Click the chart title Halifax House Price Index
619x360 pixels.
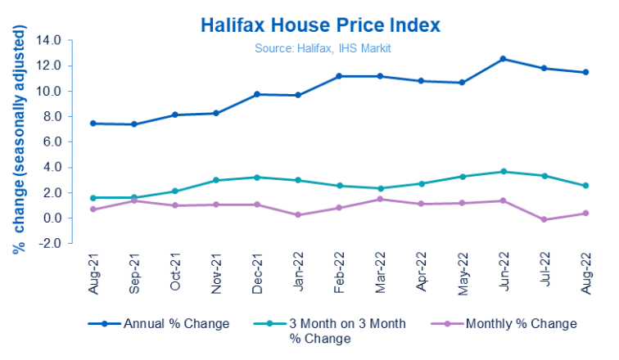tap(320, 25)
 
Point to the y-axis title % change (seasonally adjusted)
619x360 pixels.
tap(18, 139)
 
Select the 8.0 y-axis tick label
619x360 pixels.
tap(52, 116)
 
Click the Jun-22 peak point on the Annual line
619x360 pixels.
tap(503, 59)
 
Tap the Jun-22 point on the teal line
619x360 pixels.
tap(503, 172)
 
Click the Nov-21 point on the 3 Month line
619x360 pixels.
tap(215, 180)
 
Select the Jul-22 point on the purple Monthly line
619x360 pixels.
tap(544, 219)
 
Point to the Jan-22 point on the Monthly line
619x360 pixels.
tap(297, 215)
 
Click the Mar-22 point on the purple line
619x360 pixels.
tap(379, 199)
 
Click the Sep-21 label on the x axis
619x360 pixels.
tap(133, 270)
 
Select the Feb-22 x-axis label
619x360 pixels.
tap(338, 270)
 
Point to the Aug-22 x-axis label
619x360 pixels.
tap(585, 270)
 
